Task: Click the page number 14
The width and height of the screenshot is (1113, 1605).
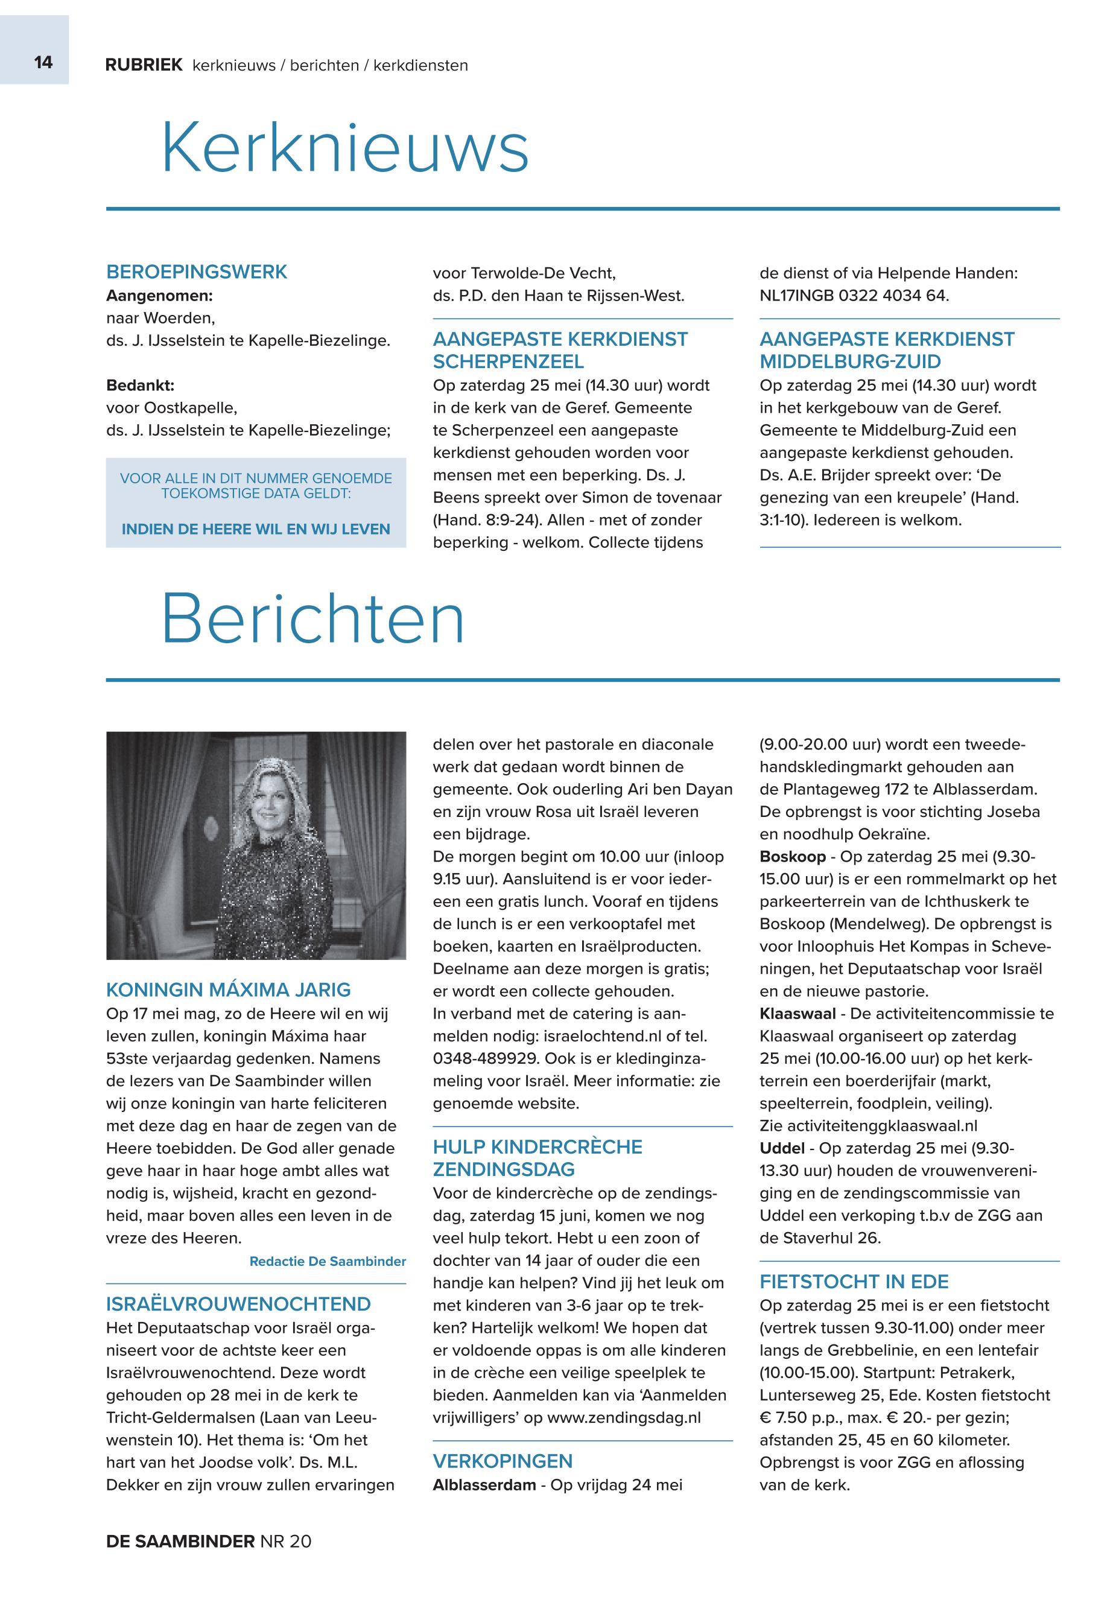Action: [x=43, y=63]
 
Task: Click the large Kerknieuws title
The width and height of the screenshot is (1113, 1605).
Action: [x=344, y=148]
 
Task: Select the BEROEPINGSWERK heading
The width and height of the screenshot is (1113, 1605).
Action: [x=196, y=272]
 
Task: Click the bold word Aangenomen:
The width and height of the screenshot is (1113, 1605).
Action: [x=159, y=296]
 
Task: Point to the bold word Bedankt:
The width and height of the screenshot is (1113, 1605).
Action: [x=140, y=385]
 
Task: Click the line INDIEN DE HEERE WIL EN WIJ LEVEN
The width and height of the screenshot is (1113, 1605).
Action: [x=256, y=529]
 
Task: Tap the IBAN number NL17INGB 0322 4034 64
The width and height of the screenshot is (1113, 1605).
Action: [x=854, y=296]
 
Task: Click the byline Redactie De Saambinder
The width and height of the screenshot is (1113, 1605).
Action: [x=327, y=1261]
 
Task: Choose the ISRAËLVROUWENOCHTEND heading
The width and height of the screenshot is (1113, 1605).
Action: [x=238, y=1305]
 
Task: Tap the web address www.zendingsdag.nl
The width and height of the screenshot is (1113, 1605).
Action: [x=623, y=1417]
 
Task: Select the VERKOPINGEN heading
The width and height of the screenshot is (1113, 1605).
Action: [x=502, y=1461]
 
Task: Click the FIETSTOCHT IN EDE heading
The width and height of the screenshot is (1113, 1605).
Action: [x=854, y=1282]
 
